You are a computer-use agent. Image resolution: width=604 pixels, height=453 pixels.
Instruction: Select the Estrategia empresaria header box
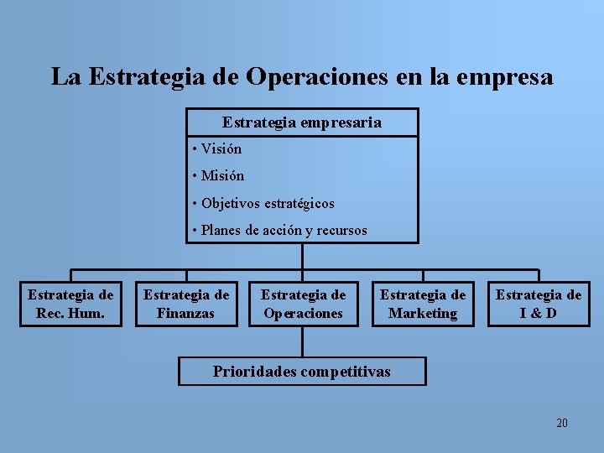pyautogui.click(x=302, y=122)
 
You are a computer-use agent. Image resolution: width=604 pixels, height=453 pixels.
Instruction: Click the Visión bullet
pyautogui.click(x=221, y=149)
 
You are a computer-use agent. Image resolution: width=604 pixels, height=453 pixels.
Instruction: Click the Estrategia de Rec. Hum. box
pyautogui.click(x=70, y=304)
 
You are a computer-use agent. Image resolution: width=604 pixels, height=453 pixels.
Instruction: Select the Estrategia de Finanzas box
pyautogui.click(x=186, y=304)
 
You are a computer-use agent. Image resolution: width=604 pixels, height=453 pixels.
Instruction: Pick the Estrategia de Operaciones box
pyautogui.click(x=303, y=304)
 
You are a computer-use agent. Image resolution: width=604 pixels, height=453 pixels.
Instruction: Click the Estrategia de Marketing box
pyautogui.click(x=423, y=304)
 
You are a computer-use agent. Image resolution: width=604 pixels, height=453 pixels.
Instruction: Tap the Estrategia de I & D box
pyautogui.click(x=539, y=304)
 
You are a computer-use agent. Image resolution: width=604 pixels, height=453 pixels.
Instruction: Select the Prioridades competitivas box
pyautogui.click(x=302, y=371)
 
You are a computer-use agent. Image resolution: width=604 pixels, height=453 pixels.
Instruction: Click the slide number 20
pyautogui.click(x=561, y=423)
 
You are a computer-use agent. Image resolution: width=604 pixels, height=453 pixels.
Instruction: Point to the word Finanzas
pyautogui.click(x=186, y=314)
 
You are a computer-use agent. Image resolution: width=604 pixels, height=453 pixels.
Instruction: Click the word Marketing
pyautogui.click(x=423, y=314)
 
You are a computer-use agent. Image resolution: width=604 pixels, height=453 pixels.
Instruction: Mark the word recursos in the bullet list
pyautogui.click(x=341, y=230)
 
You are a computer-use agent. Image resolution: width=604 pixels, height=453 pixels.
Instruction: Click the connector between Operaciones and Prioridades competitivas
pyautogui.click(x=302, y=341)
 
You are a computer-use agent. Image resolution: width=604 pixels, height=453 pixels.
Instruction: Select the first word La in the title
pyautogui.click(x=65, y=77)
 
